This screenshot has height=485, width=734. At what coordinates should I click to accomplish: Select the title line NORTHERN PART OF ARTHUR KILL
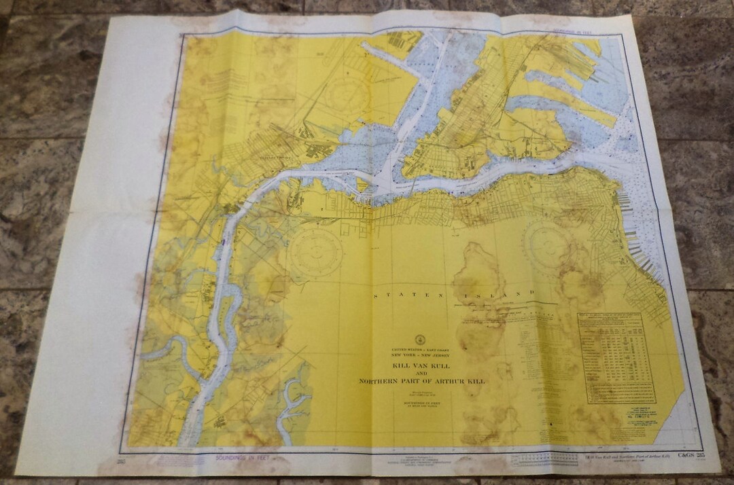421,381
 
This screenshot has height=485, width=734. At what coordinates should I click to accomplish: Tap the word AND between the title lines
421,374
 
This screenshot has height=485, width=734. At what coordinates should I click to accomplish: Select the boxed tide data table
616,357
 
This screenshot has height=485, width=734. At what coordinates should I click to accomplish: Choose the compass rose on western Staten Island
313,251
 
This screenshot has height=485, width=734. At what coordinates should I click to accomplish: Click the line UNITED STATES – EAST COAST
421,349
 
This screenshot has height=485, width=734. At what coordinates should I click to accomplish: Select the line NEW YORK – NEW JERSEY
421,355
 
